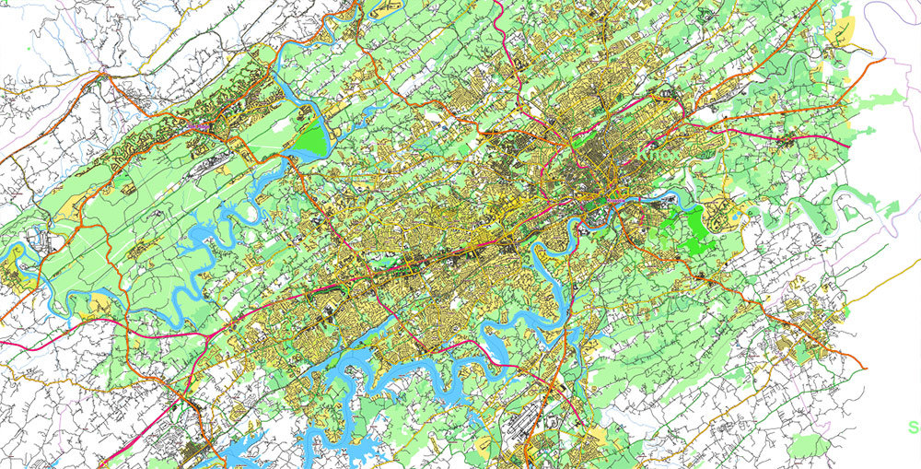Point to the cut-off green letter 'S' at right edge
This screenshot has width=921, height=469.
[914, 427]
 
